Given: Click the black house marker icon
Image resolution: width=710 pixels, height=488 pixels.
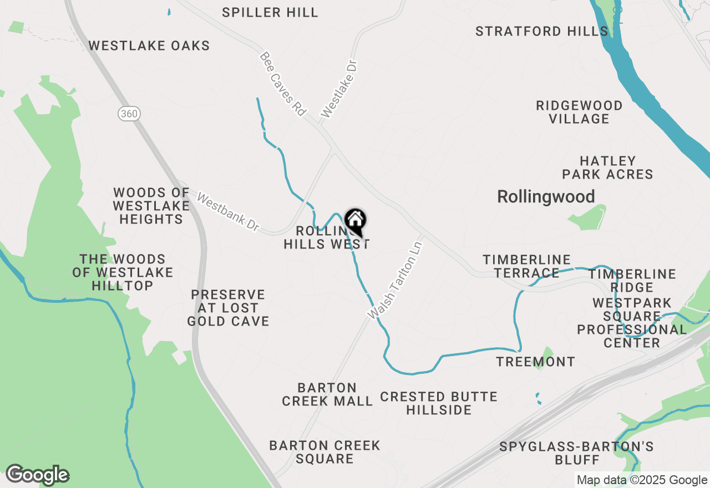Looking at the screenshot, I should coord(355,221).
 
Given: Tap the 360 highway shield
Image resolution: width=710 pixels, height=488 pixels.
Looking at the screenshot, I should coord(129,114).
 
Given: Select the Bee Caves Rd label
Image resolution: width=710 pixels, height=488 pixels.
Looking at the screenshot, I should coord(283,84).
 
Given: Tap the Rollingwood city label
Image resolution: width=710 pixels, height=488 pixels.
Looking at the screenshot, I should coord(546,197).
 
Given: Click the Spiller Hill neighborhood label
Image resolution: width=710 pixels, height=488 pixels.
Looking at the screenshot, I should coord(270,12).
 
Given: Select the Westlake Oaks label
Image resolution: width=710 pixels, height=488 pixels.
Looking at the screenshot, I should coord(149,45).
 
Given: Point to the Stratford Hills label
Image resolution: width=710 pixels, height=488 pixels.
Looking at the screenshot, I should coord(542,31).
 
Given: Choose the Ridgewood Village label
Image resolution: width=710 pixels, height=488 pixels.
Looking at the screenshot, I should coord(579,112).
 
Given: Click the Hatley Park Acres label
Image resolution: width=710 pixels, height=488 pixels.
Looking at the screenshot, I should coord(607,167).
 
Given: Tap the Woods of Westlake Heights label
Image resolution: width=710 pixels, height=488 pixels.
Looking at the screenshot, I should coord(151,206).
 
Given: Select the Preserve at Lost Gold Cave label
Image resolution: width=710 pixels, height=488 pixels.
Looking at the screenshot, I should coord(228,308).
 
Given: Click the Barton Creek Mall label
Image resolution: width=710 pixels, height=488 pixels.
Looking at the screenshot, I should coord(327,394).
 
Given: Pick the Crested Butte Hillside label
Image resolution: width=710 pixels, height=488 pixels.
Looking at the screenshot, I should coord(439,403).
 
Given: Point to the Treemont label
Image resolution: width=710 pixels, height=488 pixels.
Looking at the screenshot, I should coord(535,362).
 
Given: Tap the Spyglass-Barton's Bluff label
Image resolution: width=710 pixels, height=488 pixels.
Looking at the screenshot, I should coord(577,453).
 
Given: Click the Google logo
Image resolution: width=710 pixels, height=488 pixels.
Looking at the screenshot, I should coord(37,475).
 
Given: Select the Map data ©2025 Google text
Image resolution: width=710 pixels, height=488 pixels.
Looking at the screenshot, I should coord(641,480).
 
